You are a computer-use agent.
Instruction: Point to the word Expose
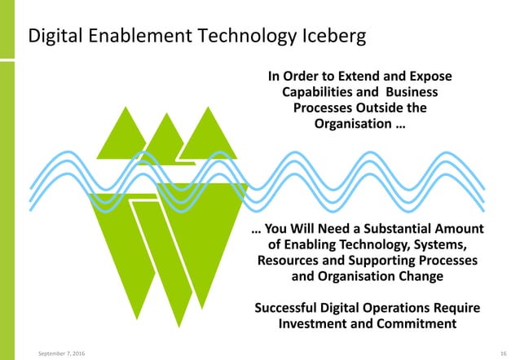point(428,77)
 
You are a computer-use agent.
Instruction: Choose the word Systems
point(440,245)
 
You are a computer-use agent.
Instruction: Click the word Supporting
point(378,261)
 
